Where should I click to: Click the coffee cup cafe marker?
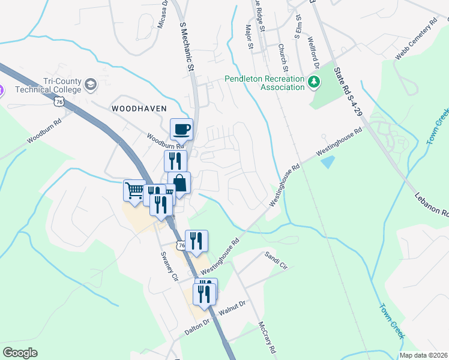click(x=182, y=128)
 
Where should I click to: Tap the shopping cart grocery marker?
click(x=134, y=190)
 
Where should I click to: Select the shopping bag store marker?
click(x=179, y=182)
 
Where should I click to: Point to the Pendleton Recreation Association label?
click(x=264, y=83)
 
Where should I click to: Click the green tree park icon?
click(x=312, y=82)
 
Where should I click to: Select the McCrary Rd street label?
click(x=267, y=338)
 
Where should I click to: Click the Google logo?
click(x=20, y=352)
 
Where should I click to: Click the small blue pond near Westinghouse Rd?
click(x=328, y=161)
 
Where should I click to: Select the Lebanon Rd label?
click(x=432, y=205)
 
